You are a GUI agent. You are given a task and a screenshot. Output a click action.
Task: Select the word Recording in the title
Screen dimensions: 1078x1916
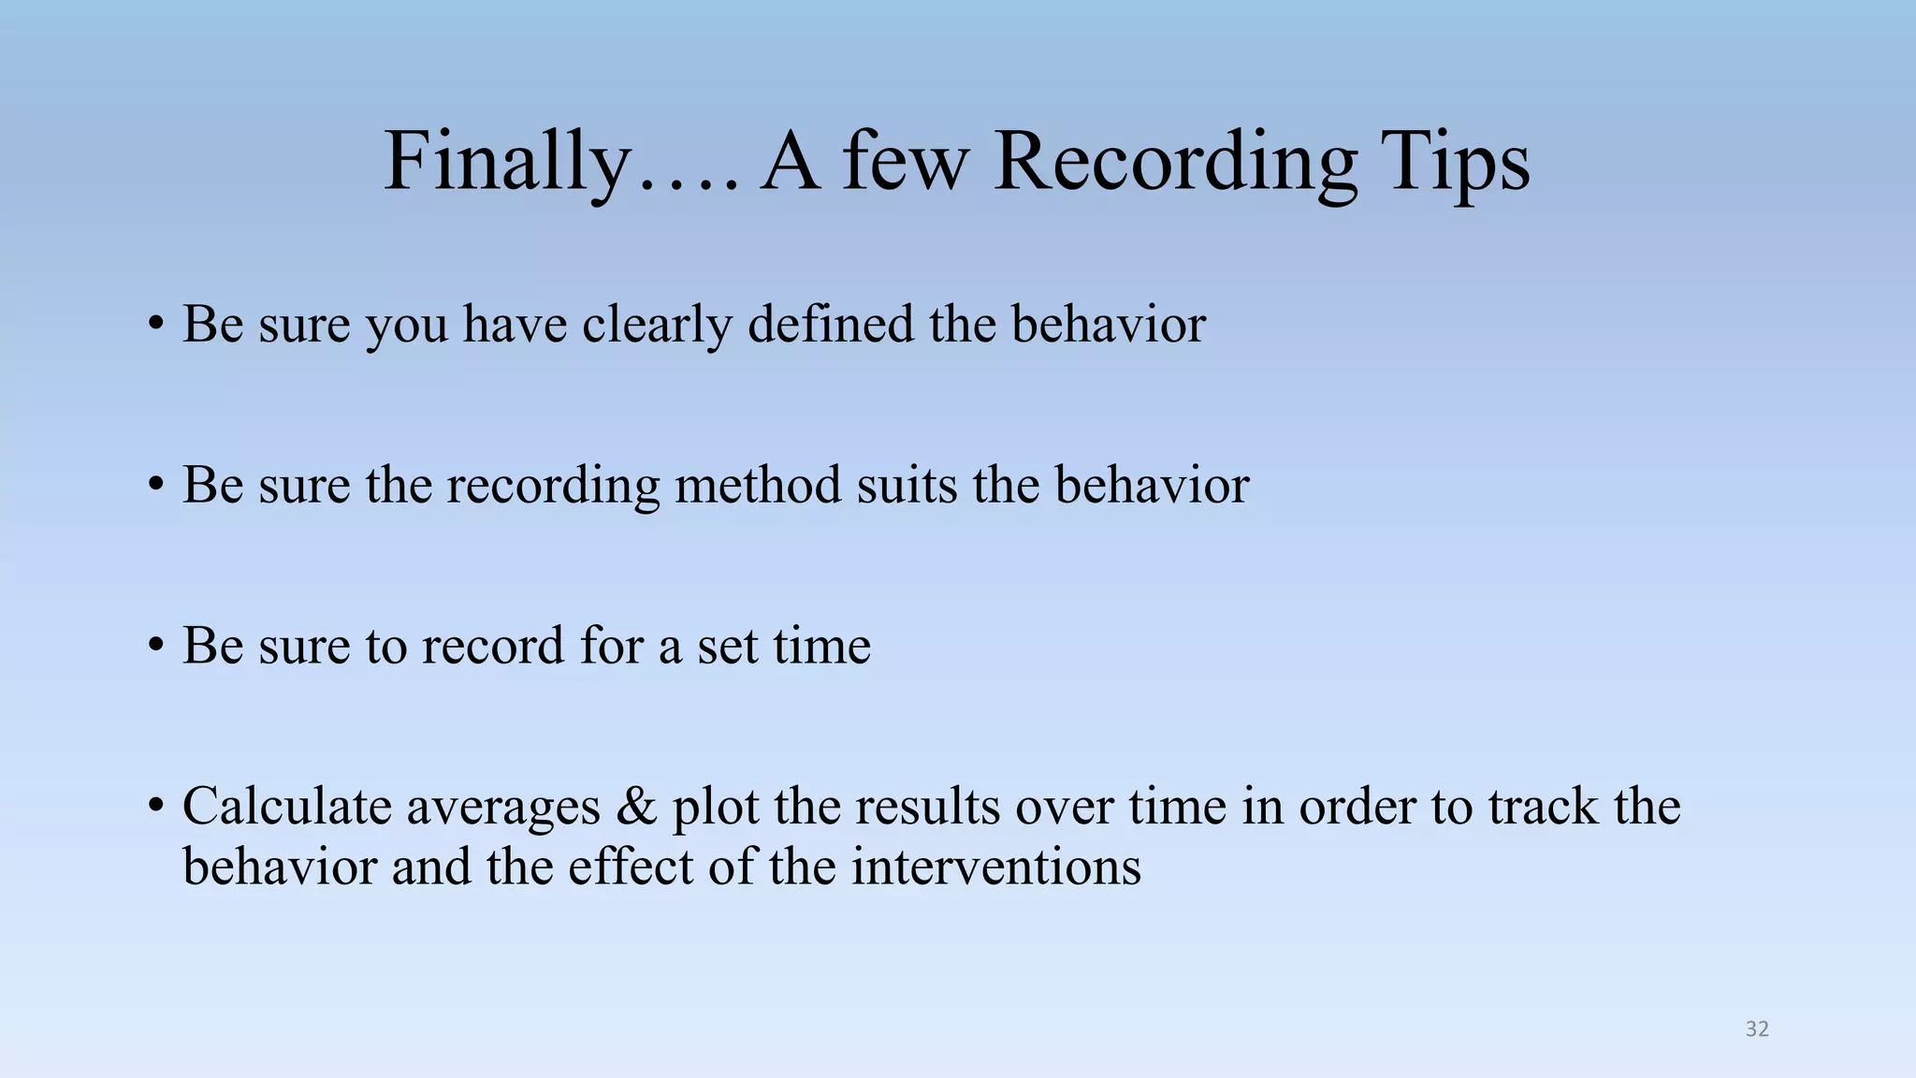(1174, 163)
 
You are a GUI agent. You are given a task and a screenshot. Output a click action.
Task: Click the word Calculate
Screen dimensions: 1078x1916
(287, 806)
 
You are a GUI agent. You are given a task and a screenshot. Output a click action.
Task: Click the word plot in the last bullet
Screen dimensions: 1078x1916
(716, 808)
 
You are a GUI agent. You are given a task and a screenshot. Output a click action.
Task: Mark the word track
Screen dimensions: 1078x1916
(1543, 807)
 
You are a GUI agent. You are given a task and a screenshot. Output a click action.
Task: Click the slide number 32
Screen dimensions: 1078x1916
(1757, 1029)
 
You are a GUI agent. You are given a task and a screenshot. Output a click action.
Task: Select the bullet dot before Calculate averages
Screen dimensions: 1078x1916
(156, 806)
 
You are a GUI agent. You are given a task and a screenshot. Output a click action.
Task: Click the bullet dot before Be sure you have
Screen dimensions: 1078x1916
(156, 325)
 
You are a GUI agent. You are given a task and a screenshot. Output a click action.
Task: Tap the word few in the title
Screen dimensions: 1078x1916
(905, 163)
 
